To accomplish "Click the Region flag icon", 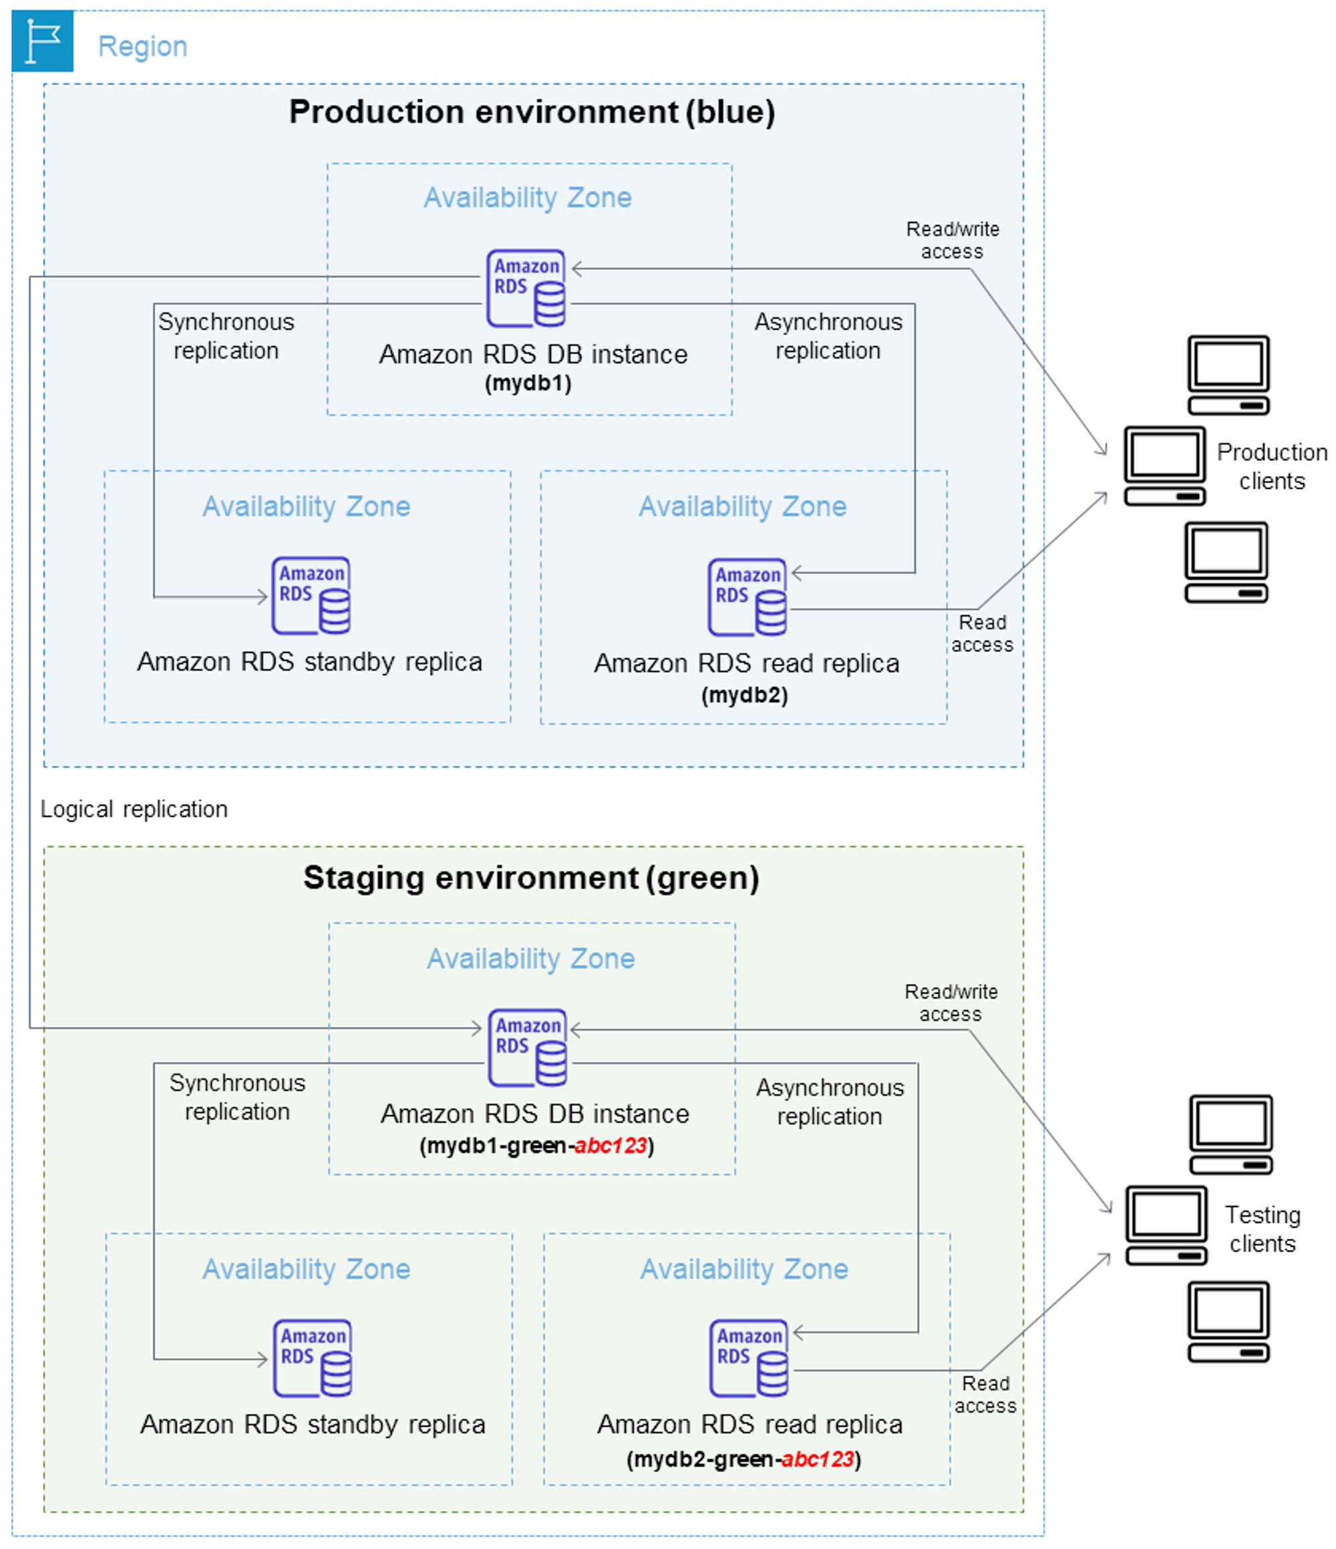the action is tap(43, 41).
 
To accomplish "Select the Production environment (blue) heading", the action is tap(532, 112).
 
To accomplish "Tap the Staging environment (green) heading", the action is tap(532, 878).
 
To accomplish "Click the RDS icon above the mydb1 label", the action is tap(526, 289).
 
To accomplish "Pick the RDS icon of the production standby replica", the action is tap(311, 596).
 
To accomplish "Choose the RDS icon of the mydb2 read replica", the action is tap(747, 597).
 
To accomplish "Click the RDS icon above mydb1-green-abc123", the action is tap(528, 1048).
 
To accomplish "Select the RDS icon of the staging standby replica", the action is tap(313, 1359).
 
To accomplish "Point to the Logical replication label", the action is tap(134, 809).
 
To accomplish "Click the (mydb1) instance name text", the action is tap(528, 383).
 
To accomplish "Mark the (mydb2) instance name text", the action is tap(745, 695).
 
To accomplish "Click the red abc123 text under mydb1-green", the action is tap(610, 1146).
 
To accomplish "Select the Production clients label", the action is tap(1272, 466).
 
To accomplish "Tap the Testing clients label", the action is tap(1263, 1229).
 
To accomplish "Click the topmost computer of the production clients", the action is tap(1228, 375).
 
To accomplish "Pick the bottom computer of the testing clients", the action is tap(1229, 1322).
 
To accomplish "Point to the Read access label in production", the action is tap(983, 633).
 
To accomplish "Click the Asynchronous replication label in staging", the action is tap(830, 1102).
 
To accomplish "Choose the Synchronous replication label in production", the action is tap(226, 337).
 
